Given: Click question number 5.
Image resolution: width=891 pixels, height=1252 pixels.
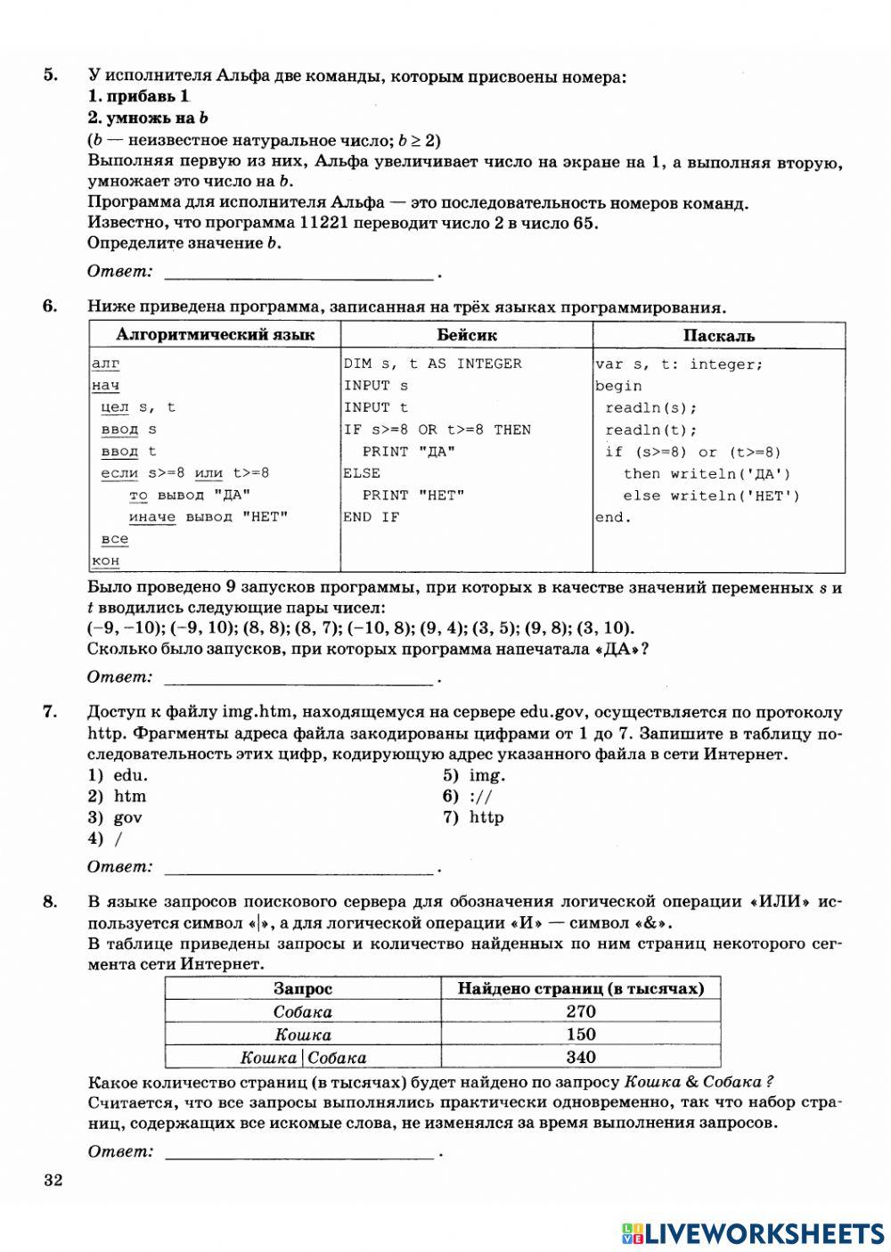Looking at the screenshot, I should [x=51, y=75].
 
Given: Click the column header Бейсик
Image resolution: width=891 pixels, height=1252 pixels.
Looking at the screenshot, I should [x=467, y=335].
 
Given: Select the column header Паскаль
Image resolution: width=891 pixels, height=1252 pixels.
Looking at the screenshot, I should [x=718, y=335].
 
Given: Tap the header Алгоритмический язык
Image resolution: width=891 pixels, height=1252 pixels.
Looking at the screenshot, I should [x=215, y=335].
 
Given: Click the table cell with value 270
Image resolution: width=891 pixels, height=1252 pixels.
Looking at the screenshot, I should [x=580, y=1011].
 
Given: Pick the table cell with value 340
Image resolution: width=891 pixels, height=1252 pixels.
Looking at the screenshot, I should [x=580, y=1058].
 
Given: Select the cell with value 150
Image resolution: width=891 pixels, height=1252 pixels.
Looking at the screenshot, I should [x=580, y=1035].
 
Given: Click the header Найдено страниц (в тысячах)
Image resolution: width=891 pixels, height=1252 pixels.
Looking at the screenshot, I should [x=580, y=988].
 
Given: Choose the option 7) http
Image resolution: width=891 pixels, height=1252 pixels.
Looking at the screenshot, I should [x=473, y=817].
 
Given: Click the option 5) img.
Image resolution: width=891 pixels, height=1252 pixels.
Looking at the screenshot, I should [x=474, y=775].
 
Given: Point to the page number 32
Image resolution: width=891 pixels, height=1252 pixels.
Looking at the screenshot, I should [x=53, y=1182].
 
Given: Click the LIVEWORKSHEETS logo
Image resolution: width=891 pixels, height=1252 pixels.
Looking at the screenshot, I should [x=753, y=1232].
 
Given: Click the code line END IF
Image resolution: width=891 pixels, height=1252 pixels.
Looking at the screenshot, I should [x=372, y=517].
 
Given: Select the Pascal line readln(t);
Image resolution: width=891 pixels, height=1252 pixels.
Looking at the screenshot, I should [x=650, y=430].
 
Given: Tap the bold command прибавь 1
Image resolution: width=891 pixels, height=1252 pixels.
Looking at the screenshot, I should [x=140, y=96].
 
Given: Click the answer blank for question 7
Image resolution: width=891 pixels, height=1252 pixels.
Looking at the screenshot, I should [x=300, y=867].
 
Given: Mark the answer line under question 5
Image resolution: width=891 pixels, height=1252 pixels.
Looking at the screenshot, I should [x=300, y=272].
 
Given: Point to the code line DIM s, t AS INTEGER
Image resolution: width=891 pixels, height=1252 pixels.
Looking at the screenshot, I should [x=433, y=364].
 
